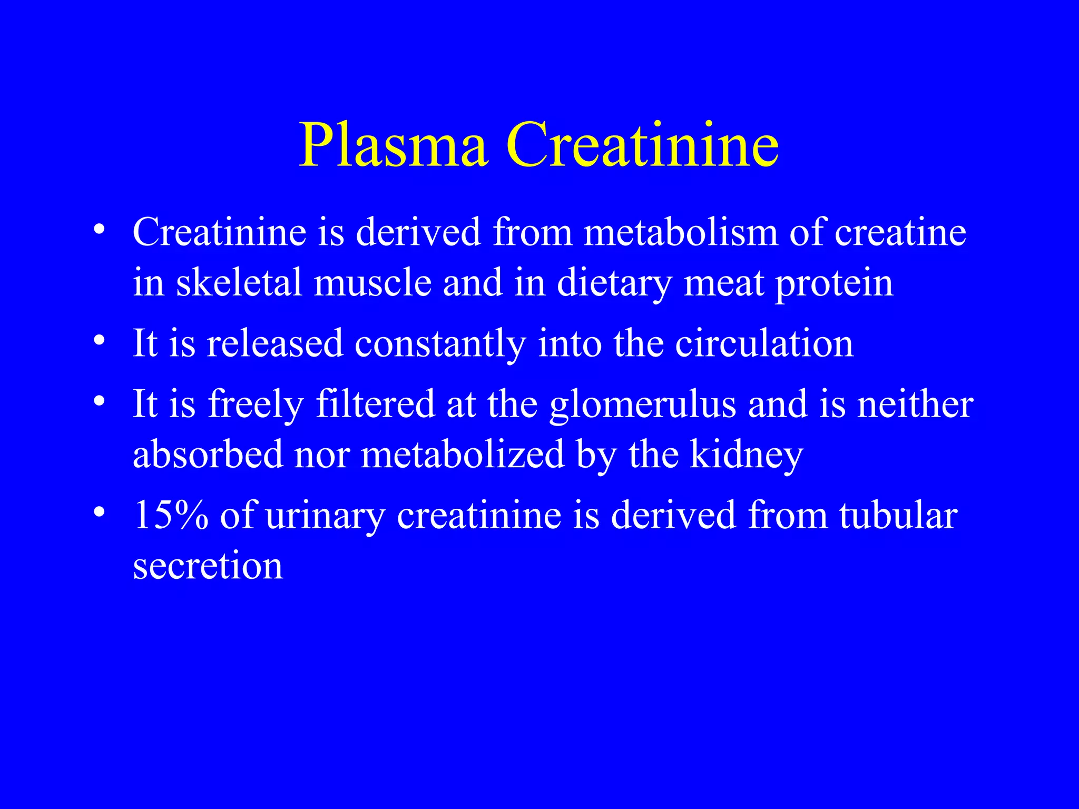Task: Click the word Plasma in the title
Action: [x=393, y=145]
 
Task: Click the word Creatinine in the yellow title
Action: [x=642, y=145]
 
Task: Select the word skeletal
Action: [x=239, y=282]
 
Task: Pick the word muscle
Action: [x=372, y=282]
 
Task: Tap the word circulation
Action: [x=764, y=343]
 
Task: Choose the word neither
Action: [x=915, y=403]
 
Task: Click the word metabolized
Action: [x=463, y=455]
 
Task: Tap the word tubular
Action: [x=899, y=515]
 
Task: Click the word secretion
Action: [x=208, y=566]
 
